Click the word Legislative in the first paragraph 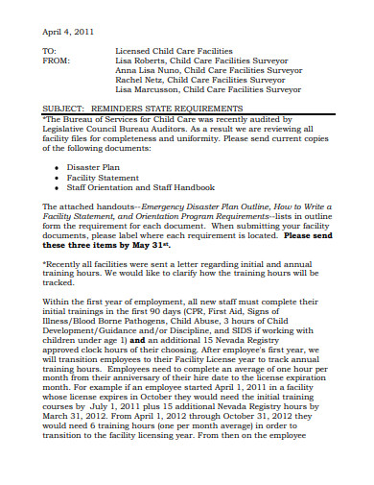(70, 131)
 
